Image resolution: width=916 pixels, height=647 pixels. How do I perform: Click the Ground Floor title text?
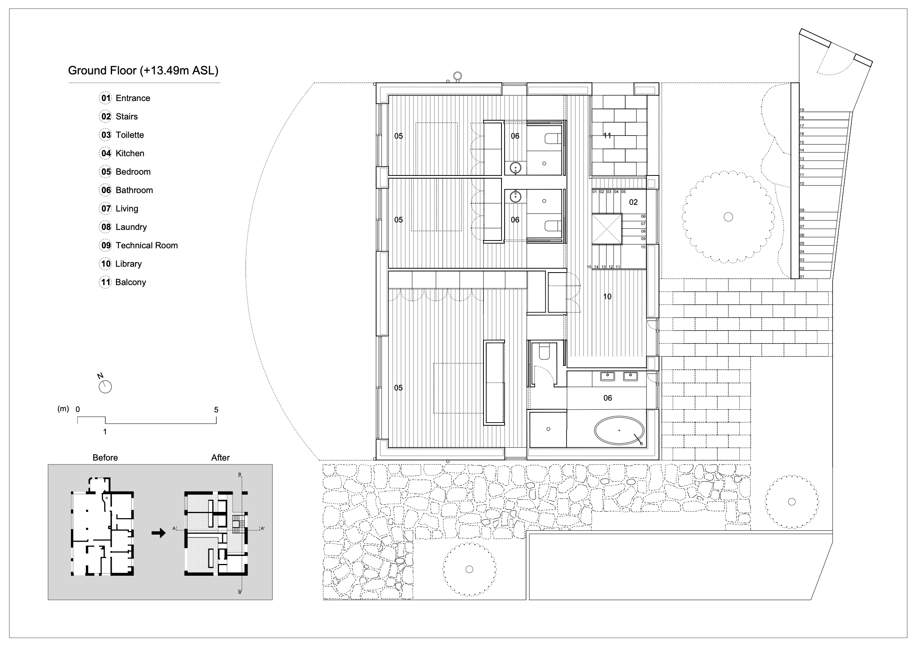(x=143, y=70)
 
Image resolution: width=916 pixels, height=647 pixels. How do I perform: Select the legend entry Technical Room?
(x=147, y=245)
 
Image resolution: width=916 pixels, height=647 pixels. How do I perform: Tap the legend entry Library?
(x=129, y=264)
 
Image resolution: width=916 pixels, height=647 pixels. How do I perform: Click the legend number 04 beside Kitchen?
(x=106, y=153)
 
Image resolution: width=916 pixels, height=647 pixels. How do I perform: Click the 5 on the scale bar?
(x=216, y=410)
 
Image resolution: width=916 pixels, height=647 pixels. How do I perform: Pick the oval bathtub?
(x=619, y=431)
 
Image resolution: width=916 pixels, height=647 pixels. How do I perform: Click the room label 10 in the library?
(x=607, y=296)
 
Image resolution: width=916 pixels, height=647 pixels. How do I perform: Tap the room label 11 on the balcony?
(x=607, y=136)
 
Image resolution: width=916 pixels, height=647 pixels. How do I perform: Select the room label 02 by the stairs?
(x=634, y=202)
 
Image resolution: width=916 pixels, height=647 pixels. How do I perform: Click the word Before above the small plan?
(x=105, y=457)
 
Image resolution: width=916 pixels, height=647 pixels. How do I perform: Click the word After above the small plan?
(x=220, y=457)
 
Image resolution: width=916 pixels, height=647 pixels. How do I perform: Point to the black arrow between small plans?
(x=159, y=533)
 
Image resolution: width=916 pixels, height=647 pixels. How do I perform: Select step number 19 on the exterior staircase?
(x=802, y=110)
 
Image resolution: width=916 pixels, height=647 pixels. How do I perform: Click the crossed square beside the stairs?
(x=607, y=229)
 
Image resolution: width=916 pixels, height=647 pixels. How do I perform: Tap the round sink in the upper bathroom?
(x=516, y=167)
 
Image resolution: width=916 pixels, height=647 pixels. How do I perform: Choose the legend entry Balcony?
(x=130, y=282)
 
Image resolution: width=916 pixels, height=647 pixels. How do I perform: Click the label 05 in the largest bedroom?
(x=398, y=388)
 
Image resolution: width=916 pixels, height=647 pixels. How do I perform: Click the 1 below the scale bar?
(x=105, y=432)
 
